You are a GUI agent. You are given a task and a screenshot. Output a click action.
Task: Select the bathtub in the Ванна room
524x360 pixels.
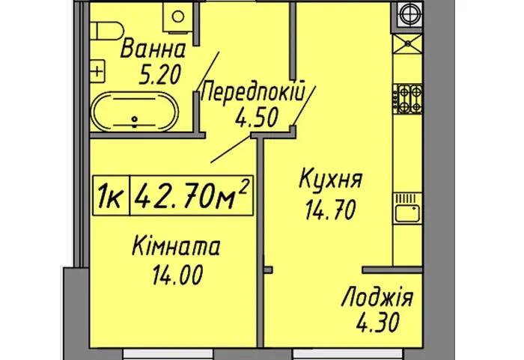coord(135,112)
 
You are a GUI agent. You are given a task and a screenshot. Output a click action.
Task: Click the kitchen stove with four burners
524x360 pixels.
coord(408,99)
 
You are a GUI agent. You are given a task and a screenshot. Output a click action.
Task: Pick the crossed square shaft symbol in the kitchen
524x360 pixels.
coord(408,44)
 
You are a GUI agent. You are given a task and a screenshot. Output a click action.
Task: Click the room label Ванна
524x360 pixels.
coord(153,49)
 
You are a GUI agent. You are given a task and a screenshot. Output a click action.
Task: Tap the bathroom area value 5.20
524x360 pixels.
coord(160,74)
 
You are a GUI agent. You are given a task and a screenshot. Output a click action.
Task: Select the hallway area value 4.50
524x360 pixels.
coord(257,118)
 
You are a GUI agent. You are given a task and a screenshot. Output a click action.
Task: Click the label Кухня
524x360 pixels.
coord(330,179)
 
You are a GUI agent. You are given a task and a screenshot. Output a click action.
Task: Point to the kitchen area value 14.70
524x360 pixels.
coord(330,210)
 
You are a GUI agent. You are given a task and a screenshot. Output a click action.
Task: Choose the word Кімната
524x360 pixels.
coord(177,246)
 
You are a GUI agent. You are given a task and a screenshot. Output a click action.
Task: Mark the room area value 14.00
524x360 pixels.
coord(177,275)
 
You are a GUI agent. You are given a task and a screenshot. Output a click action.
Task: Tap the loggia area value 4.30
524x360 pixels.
coord(377,323)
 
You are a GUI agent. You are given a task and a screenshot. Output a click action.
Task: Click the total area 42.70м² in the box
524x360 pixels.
coord(192,195)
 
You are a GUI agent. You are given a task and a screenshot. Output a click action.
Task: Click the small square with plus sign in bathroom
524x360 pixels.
coord(97,71)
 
